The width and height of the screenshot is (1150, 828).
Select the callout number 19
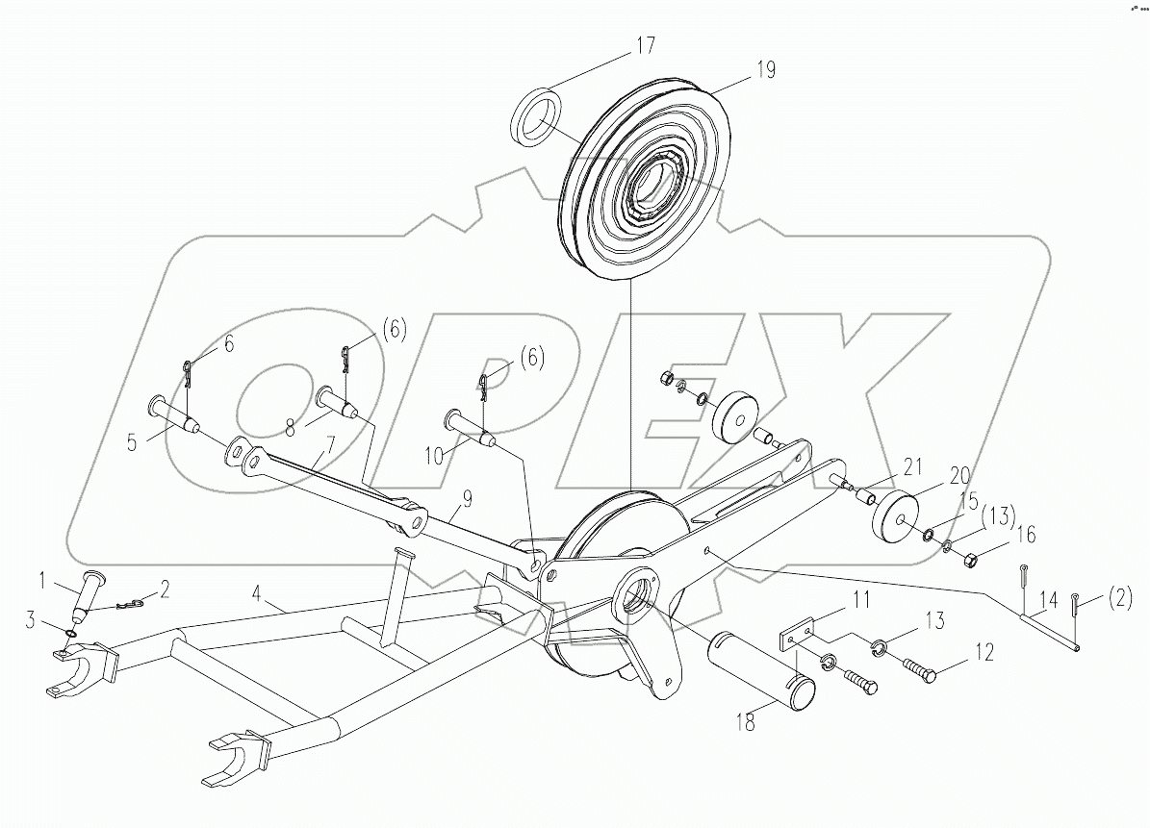[x=765, y=70]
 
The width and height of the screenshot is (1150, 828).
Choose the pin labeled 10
[x=467, y=426]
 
